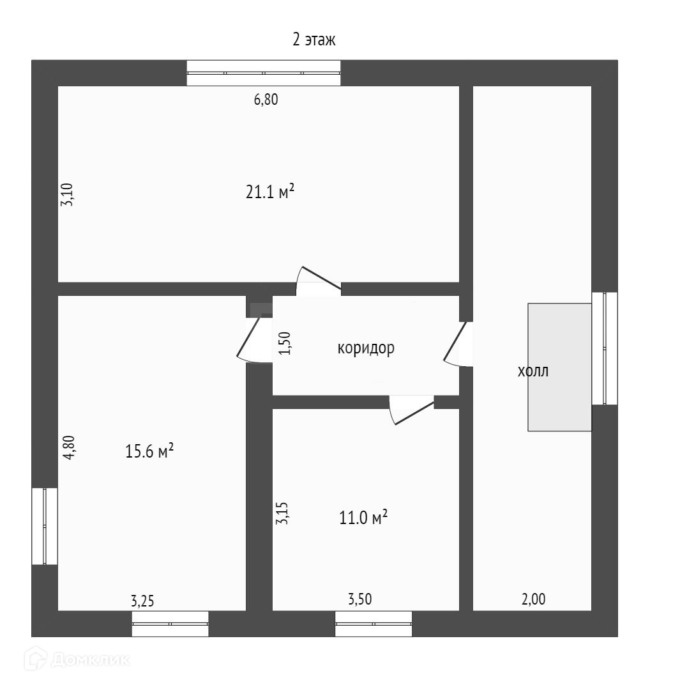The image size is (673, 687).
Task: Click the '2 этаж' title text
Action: coord(314,40)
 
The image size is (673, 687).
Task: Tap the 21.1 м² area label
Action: coord(269,192)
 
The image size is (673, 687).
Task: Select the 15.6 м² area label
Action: coord(150,452)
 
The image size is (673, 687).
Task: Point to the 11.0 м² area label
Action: coord(364,518)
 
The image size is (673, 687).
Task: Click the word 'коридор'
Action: coord(366,349)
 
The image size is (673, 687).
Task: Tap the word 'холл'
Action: coord(533,371)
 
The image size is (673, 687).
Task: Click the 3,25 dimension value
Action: coord(142,601)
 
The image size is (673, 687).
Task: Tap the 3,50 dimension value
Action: coord(359,599)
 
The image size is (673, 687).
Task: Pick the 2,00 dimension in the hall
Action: coord(534,599)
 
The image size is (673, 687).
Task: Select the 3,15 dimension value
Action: coord(282,513)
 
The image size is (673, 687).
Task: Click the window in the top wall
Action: coord(263,73)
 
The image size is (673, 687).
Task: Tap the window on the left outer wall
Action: coord(45,526)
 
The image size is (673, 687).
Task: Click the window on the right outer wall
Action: coord(605,348)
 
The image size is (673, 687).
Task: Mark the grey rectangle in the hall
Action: coord(559,367)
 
